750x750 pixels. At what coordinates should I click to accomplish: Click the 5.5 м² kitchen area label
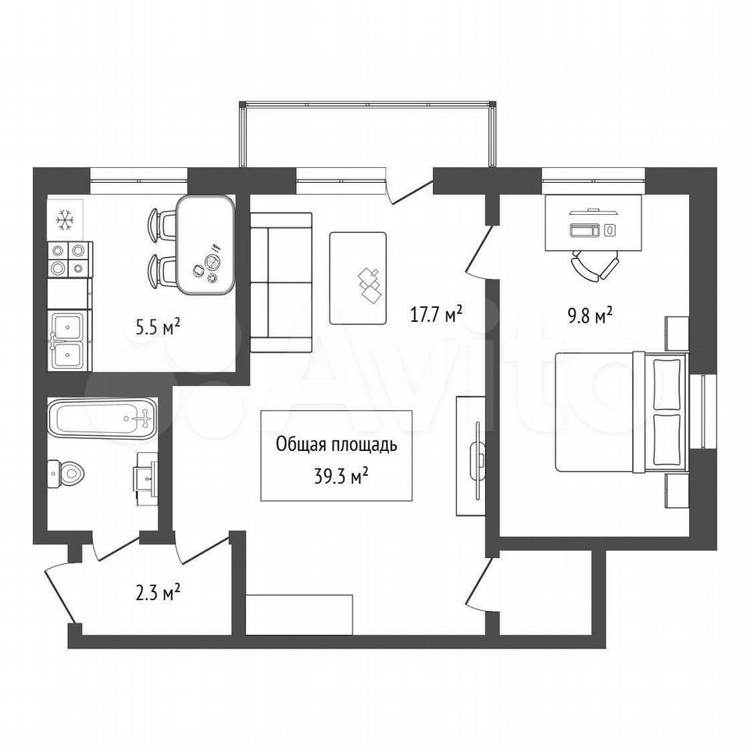[x=159, y=327]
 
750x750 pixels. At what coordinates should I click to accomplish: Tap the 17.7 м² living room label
[x=436, y=314]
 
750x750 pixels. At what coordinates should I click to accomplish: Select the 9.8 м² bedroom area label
[x=591, y=316]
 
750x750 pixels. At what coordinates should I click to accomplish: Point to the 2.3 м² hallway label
[x=158, y=593]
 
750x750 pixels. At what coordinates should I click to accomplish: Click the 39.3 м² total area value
[x=341, y=476]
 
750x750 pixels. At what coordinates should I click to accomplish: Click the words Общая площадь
[x=336, y=445]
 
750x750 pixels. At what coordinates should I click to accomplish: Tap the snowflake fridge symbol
[x=65, y=220]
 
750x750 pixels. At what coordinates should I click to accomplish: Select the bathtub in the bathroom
[x=102, y=419]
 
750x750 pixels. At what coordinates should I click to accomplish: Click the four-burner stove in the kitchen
[x=70, y=259]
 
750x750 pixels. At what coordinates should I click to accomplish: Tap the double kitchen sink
[x=70, y=340]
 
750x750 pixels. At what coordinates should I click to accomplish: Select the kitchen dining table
[x=205, y=245]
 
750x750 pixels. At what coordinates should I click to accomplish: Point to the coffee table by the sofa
[x=358, y=278]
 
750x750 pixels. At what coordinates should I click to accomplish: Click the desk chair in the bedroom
[x=595, y=266]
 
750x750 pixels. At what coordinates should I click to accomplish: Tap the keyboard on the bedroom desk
[x=584, y=230]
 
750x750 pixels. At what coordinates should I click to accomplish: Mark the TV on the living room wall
[x=477, y=462]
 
